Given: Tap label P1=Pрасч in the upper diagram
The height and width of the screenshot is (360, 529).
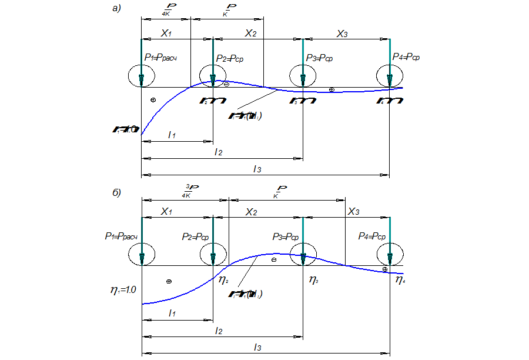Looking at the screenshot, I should (160, 58).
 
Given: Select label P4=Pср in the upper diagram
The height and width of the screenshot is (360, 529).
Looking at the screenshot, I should (406, 57).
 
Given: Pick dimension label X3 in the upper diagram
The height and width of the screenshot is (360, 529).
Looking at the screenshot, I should (342, 34).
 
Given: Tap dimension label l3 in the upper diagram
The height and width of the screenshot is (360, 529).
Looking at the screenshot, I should (257, 169).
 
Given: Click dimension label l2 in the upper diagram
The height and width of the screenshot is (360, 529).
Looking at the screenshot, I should (218, 152).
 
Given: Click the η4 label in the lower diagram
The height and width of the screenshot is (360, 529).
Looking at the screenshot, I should (400, 280).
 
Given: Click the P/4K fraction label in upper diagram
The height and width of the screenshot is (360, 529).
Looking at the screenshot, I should (165, 10).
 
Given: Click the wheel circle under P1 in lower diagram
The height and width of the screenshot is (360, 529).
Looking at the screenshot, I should (142, 254).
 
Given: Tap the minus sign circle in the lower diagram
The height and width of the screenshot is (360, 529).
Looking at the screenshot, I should (273, 259).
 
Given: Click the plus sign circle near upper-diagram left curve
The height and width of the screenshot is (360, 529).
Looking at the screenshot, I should (153, 100).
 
